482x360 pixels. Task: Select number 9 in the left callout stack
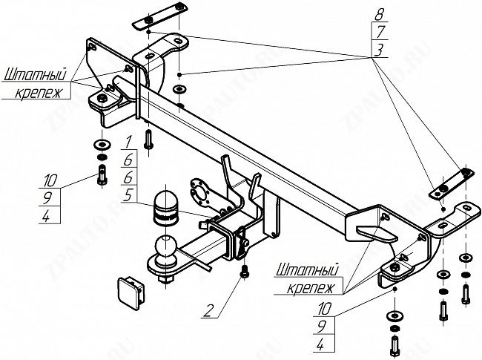point(50,198)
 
